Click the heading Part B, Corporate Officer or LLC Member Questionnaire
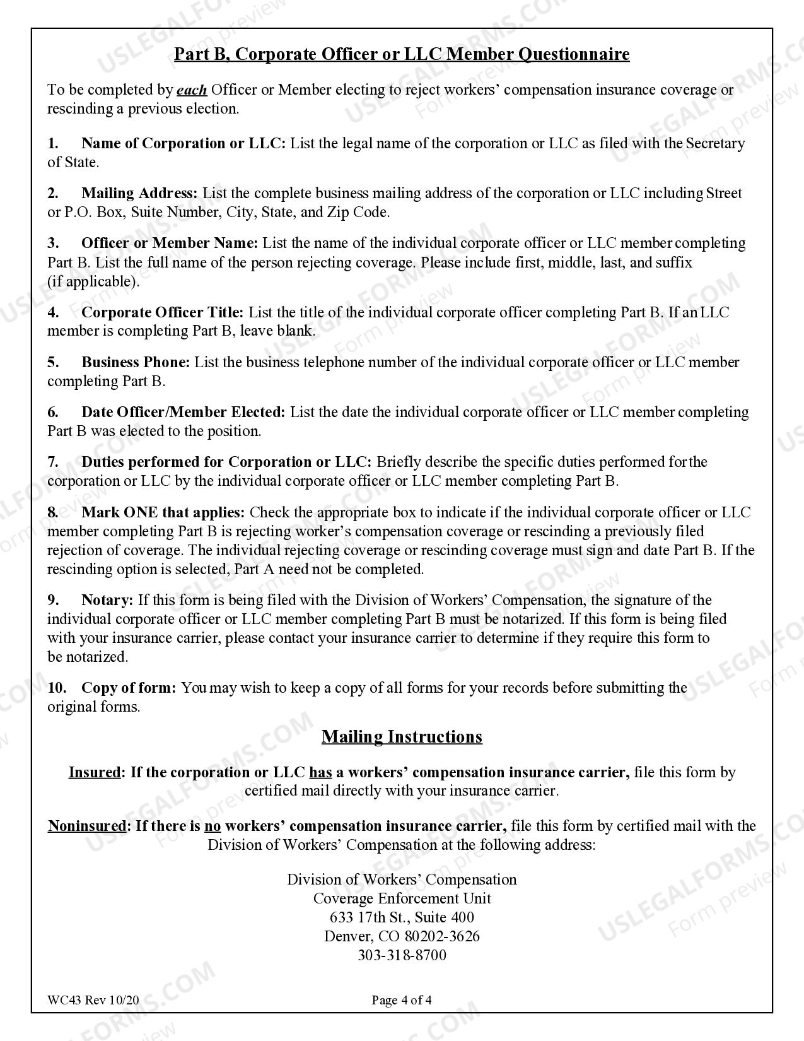[x=402, y=54]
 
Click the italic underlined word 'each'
[x=192, y=90]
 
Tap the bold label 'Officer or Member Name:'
[x=170, y=244]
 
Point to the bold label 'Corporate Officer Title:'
[x=162, y=312]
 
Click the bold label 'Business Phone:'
[x=136, y=362]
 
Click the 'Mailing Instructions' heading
[x=402, y=737]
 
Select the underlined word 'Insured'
[x=94, y=772]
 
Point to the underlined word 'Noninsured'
[x=87, y=826]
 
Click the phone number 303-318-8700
[x=402, y=955]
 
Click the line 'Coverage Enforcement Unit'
[x=402, y=898]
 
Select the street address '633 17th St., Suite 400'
[x=402, y=917]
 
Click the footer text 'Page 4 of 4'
[x=402, y=1000]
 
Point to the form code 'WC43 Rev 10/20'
[x=93, y=1000]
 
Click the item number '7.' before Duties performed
[x=53, y=462]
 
